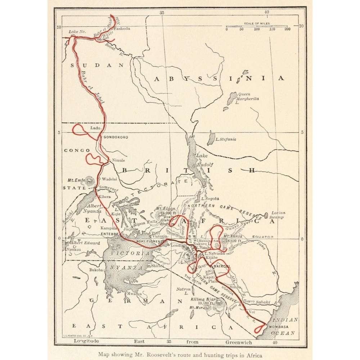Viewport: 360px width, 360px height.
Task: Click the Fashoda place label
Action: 122,28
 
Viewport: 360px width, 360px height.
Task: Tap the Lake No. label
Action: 77,32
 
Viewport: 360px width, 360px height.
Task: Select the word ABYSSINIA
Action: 219,78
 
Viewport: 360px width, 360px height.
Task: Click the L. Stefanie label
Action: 226,139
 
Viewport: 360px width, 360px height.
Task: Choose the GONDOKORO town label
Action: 116,137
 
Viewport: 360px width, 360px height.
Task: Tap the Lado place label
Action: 95,128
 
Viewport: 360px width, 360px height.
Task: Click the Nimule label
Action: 118,160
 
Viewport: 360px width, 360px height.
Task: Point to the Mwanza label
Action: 134,293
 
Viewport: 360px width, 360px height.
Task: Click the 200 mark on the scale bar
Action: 287,29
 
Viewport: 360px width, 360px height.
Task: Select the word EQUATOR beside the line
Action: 263,237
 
